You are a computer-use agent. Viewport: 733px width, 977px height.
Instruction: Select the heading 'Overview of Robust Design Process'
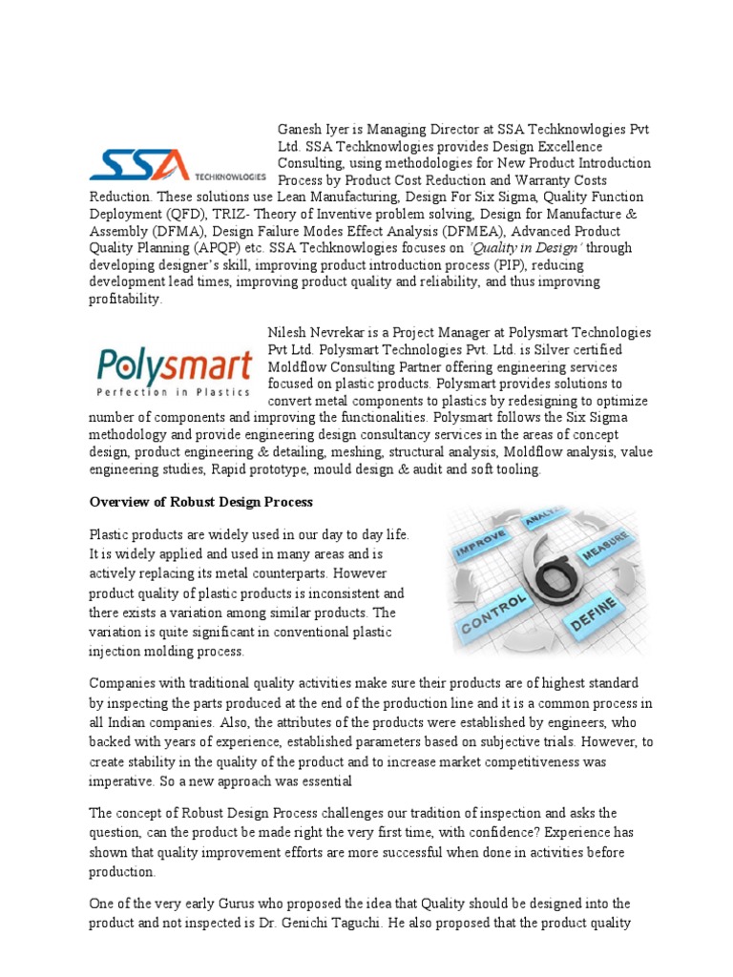click(200, 502)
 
